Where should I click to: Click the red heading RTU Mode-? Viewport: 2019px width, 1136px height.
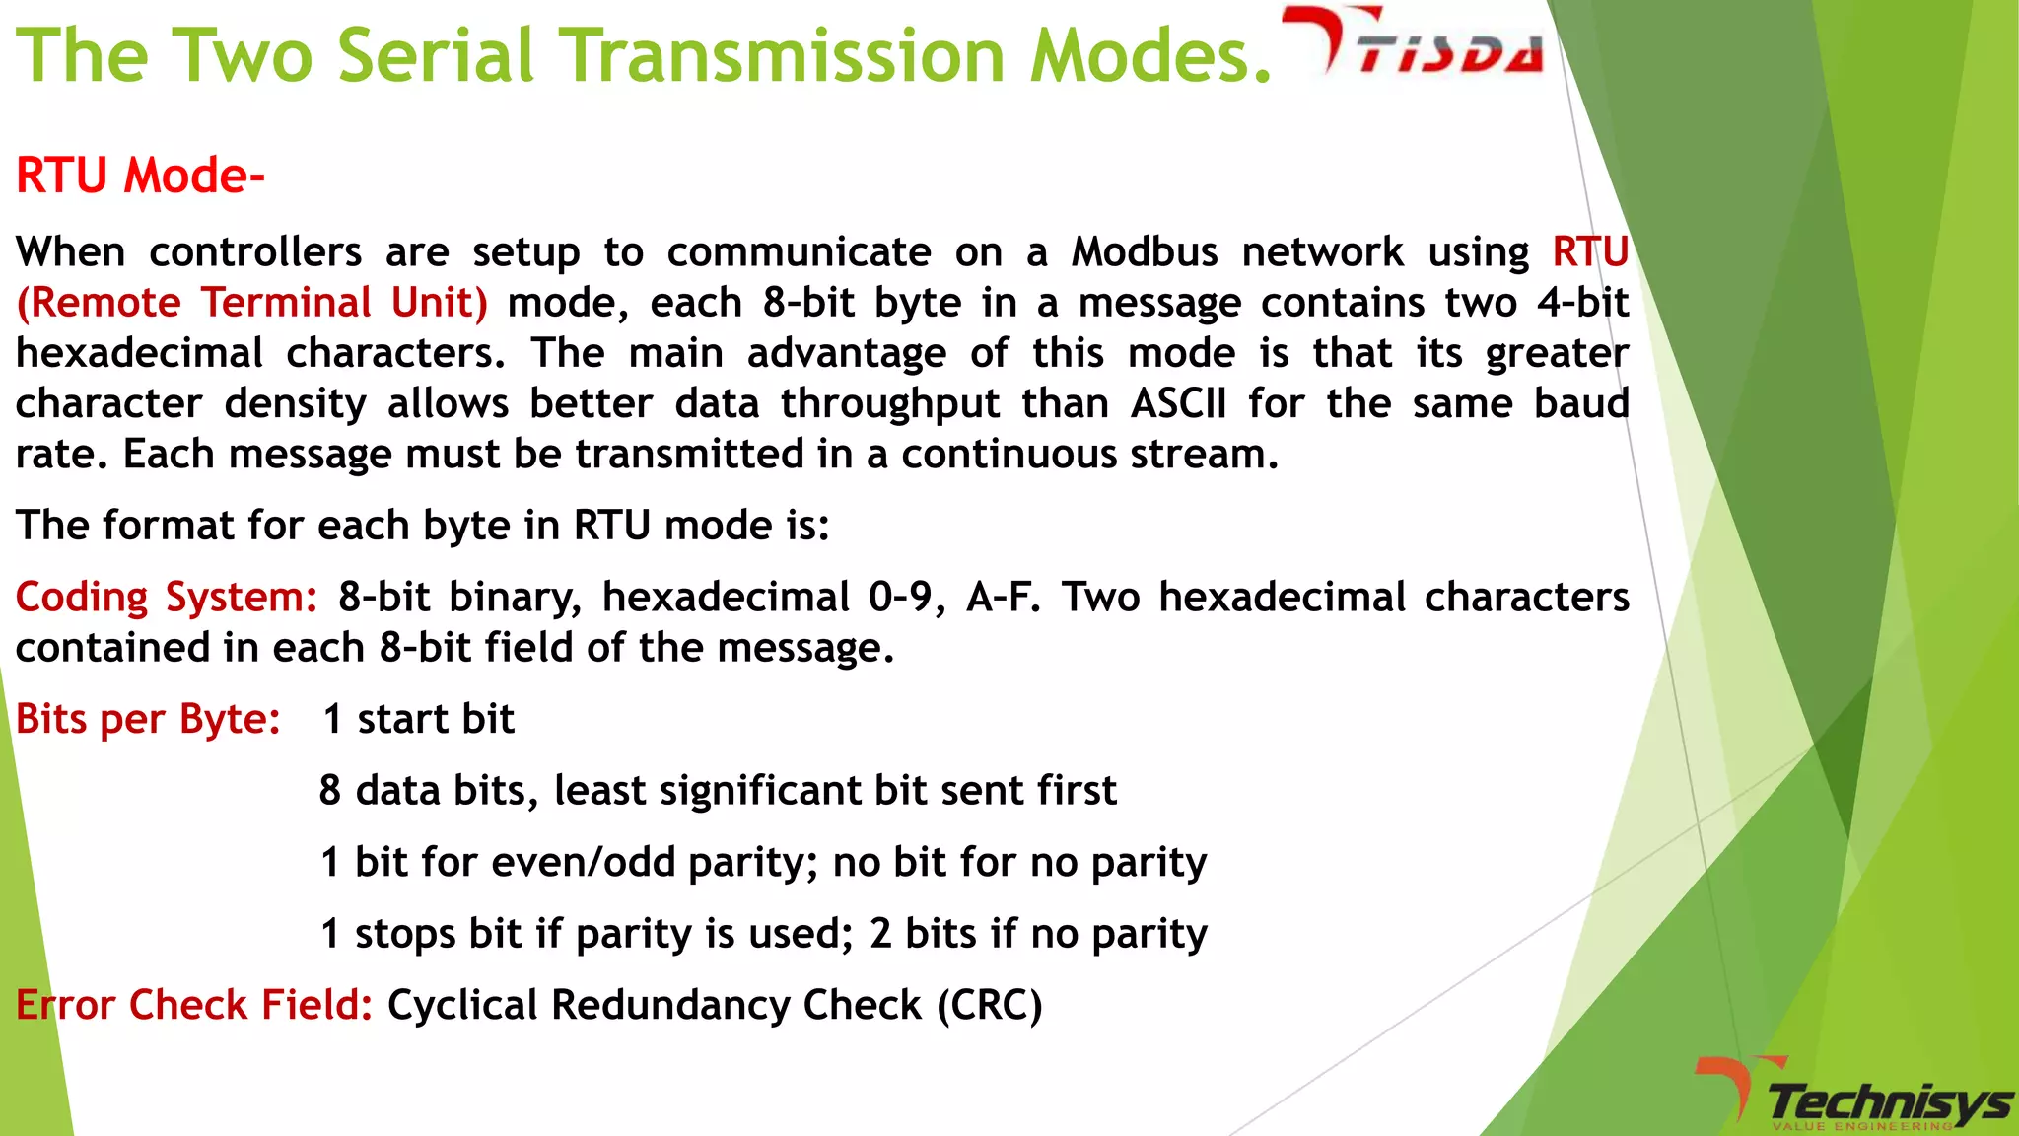(140, 176)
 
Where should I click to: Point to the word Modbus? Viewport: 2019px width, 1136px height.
(1145, 252)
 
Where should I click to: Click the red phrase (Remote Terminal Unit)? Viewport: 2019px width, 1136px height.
(252, 303)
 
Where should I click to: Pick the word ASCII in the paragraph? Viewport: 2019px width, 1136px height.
(1178, 403)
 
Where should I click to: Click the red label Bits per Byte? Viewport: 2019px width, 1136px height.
(149, 719)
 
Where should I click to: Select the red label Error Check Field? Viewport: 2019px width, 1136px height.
(194, 1005)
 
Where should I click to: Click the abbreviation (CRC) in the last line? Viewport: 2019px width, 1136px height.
(989, 1005)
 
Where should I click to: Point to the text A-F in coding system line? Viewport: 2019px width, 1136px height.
(1003, 598)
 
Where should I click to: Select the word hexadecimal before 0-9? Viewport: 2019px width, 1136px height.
(726, 598)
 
